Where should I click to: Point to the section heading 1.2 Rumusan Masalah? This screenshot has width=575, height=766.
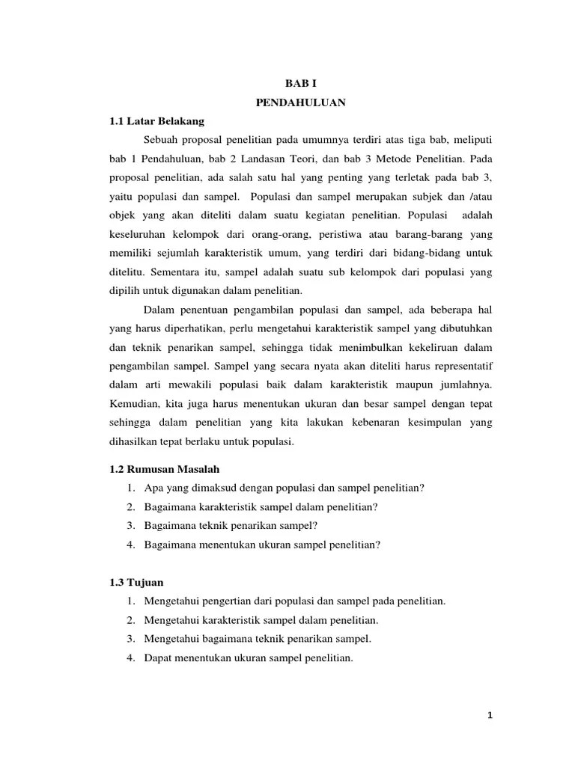pos(159,469)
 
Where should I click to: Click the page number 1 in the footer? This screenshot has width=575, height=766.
pos(489,715)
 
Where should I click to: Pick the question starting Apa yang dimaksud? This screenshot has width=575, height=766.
pos(285,488)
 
